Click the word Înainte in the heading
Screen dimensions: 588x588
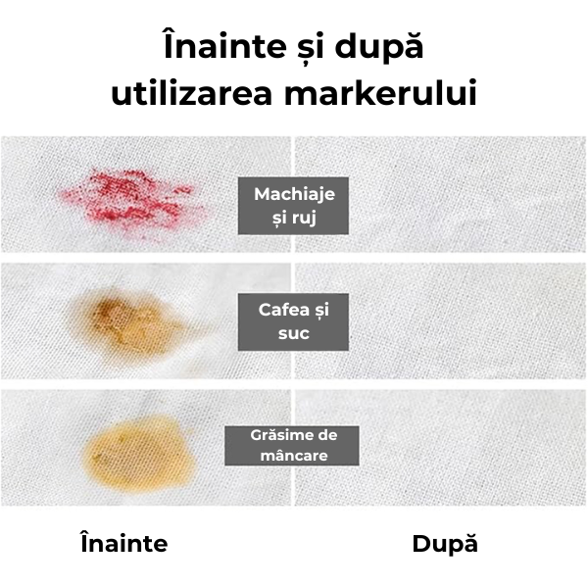pyautogui.click(x=225, y=45)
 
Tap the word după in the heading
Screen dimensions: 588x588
pyautogui.click(x=378, y=48)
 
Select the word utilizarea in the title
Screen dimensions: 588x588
pyautogui.click(x=191, y=92)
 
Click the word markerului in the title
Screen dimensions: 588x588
pyautogui.click(x=380, y=92)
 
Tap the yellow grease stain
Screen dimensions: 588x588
pyautogui.click(x=139, y=454)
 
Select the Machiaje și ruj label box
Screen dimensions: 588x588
pyautogui.click(x=293, y=206)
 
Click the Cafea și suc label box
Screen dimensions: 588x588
pyautogui.click(x=293, y=321)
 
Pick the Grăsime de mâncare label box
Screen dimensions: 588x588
pyautogui.click(x=292, y=446)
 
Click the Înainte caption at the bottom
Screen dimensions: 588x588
pyautogui.click(x=124, y=543)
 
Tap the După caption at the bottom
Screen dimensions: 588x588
pyautogui.click(x=445, y=544)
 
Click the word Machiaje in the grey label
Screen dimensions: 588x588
pyautogui.click(x=294, y=194)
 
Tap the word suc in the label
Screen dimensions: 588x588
pyautogui.click(x=294, y=334)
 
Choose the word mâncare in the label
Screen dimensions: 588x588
pyautogui.click(x=294, y=456)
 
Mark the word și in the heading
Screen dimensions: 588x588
pyautogui.click(x=306, y=46)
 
